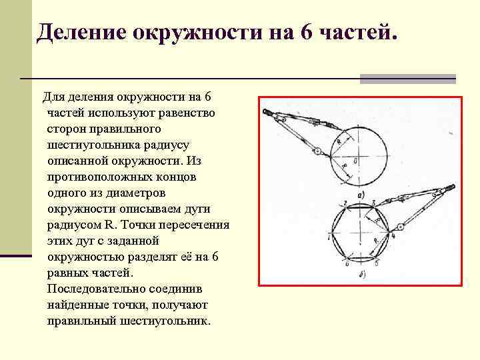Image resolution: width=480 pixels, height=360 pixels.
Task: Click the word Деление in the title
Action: [x=83, y=32]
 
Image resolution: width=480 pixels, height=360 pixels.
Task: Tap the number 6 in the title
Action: [x=307, y=32]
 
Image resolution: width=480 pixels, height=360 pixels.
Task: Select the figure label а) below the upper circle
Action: [x=361, y=194]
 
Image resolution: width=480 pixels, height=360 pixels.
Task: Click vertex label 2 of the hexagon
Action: [x=345, y=202]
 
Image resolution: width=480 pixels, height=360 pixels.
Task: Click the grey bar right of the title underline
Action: [x=407, y=79]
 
